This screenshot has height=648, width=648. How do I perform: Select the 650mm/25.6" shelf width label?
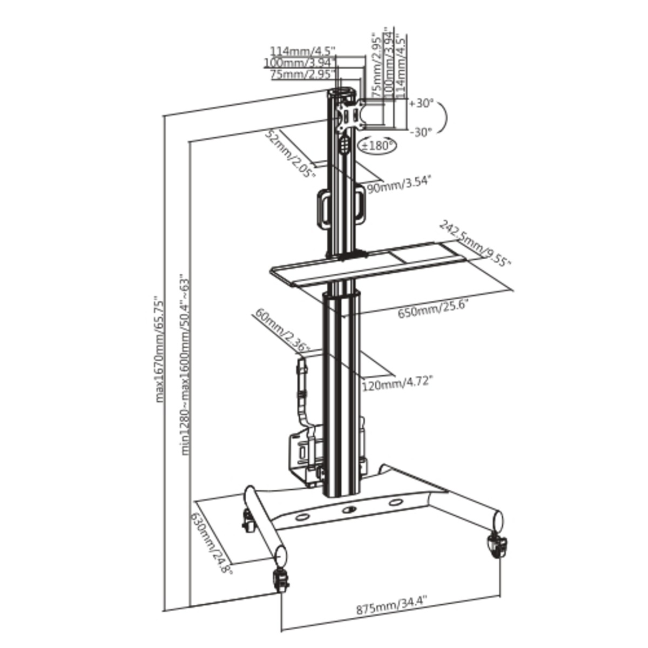[433, 312]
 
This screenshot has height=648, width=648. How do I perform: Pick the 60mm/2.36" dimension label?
[282, 331]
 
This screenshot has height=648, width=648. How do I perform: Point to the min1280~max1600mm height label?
[185, 364]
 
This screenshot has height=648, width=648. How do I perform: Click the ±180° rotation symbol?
[376, 145]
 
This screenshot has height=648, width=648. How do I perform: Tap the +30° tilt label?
[422, 104]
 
